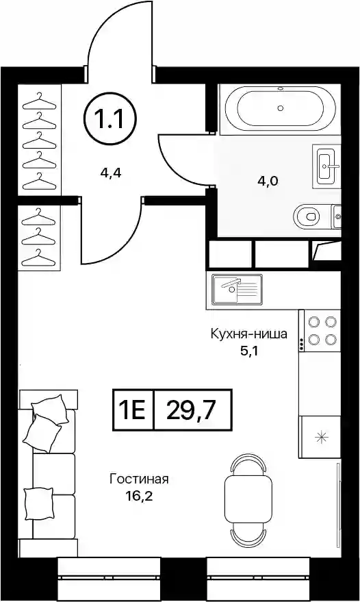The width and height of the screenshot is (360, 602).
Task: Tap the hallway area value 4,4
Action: [111, 174]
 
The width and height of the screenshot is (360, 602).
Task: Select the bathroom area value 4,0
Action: [267, 180]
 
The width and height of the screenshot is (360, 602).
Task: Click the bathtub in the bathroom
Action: [280, 109]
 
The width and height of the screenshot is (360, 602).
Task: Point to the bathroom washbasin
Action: [326, 166]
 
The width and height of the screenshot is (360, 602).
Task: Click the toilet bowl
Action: [307, 216]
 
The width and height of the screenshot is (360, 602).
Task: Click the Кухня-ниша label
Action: [248, 334]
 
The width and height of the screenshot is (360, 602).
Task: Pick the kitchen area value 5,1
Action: [248, 351]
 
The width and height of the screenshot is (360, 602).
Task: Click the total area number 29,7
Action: [193, 410]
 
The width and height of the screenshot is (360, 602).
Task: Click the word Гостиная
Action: [140, 479]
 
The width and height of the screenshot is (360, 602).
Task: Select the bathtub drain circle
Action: [281, 108]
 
